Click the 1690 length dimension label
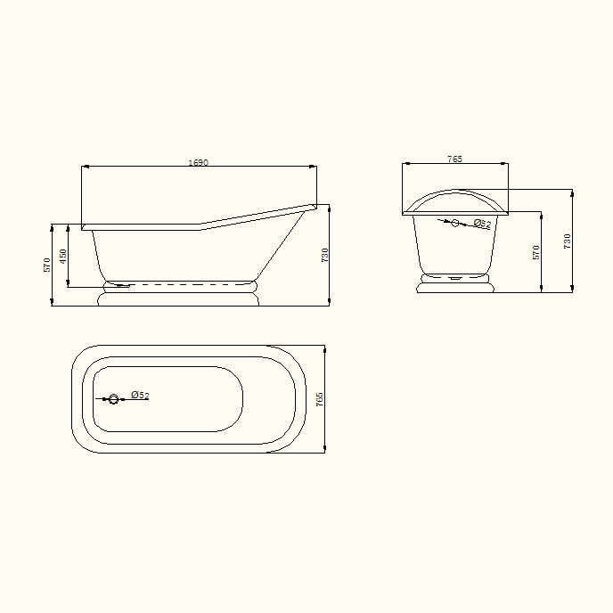click(198, 162)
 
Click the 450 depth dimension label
click(62, 256)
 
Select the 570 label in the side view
click(46, 265)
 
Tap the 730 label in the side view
click(324, 255)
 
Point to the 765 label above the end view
click(454, 159)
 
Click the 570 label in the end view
click(535, 252)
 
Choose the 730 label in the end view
click(567, 241)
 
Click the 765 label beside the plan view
click(319, 399)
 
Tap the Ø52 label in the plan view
click(140, 395)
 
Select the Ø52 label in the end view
click(482, 224)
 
